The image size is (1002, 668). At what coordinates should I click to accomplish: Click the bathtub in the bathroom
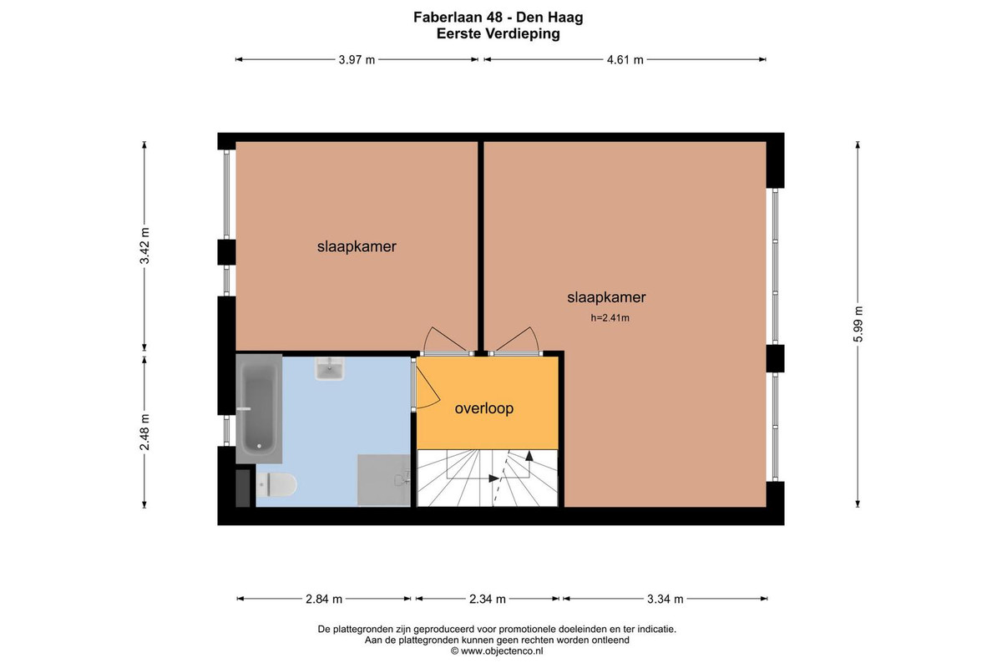click(x=259, y=408)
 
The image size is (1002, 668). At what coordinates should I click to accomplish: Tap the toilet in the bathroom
click(x=276, y=485)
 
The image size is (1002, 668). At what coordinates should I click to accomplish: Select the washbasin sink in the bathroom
click(x=330, y=369)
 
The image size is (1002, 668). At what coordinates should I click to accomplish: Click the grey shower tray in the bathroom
click(x=383, y=480)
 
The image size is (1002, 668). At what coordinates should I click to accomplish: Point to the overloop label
click(x=484, y=408)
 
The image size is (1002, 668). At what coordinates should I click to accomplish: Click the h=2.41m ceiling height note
click(x=610, y=317)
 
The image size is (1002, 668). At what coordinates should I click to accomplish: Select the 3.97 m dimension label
click(x=357, y=59)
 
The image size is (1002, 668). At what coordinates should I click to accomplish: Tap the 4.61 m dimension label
click(x=625, y=59)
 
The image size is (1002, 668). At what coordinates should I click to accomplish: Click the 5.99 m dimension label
click(x=858, y=324)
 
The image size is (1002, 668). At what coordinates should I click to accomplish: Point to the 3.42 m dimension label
click(x=144, y=246)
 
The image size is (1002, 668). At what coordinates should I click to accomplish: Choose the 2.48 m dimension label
click(x=144, y=433)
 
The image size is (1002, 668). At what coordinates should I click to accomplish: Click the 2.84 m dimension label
click(x=324, y=599)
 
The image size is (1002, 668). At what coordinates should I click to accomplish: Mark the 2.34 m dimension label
click(x=487, y=599)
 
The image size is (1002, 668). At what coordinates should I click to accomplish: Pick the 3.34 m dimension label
click(x=665, y=599)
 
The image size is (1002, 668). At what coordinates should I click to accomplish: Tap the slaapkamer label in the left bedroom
click(x=357, y=246)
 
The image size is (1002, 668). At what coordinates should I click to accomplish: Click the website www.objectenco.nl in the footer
click(x=502, y=651)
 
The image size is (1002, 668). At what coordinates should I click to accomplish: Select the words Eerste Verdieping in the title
click(x=498, y=34)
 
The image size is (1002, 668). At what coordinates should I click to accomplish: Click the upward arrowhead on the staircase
click(x=529, y=456)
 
